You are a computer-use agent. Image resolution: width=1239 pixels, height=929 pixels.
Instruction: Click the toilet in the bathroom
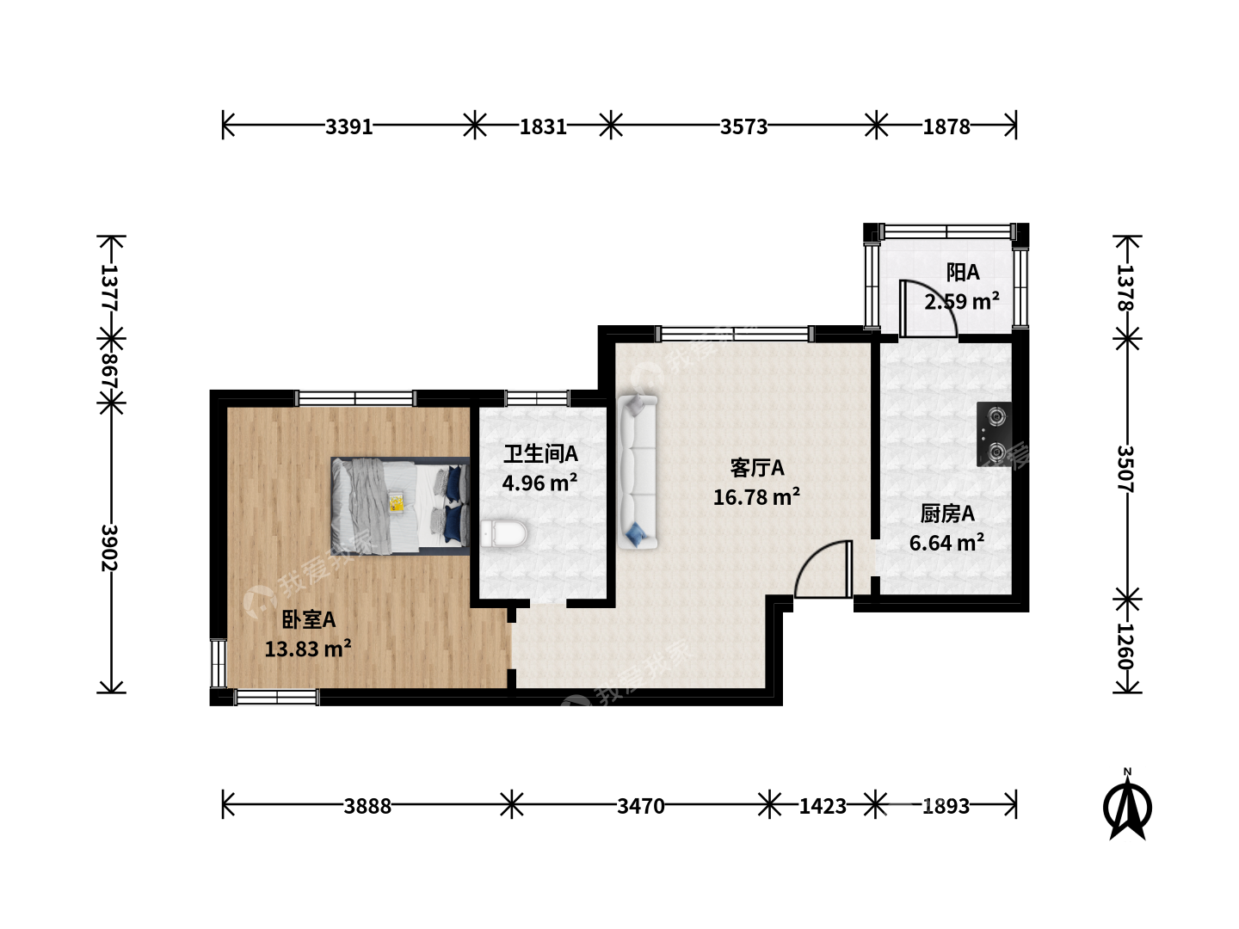pos(503,533)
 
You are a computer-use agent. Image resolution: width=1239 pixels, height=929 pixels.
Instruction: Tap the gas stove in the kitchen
pos(994,434)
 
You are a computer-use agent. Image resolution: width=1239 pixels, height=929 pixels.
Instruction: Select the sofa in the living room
pos(638,472)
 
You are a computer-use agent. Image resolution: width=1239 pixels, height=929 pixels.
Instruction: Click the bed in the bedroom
pos(400,506)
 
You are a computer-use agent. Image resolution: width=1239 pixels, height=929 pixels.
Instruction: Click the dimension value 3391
pos(348,127)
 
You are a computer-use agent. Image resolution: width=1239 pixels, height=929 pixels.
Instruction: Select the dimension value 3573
pos(743,127)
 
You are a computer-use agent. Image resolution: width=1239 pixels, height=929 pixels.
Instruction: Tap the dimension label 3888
pos(367,807)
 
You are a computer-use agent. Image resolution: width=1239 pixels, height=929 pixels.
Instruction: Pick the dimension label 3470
pos(641,807)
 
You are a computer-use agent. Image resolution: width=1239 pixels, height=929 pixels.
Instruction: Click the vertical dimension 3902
pos(109,548)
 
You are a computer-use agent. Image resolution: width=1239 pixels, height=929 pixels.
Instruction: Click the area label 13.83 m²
pos(308,649)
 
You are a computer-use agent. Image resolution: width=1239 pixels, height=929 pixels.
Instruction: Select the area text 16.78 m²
pos(756,497)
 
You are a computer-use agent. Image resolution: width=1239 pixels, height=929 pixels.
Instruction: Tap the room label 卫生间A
pos(540,454)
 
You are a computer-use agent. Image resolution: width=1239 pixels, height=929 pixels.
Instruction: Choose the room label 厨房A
pos(947,514)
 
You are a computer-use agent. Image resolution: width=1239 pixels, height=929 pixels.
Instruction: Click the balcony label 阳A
pos(963,273)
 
